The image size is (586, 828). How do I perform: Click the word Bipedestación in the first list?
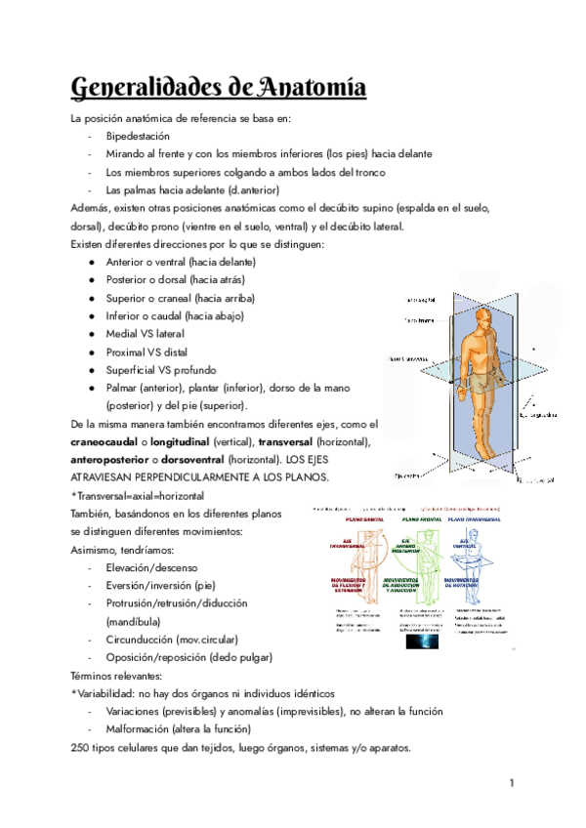[138, 137]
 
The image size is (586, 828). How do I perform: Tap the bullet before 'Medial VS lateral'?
[91, 334]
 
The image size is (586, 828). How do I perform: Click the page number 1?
[511, 784]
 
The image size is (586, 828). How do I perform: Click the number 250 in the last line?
[82, 748]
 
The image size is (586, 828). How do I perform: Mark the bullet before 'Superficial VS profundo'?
[91, 370]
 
